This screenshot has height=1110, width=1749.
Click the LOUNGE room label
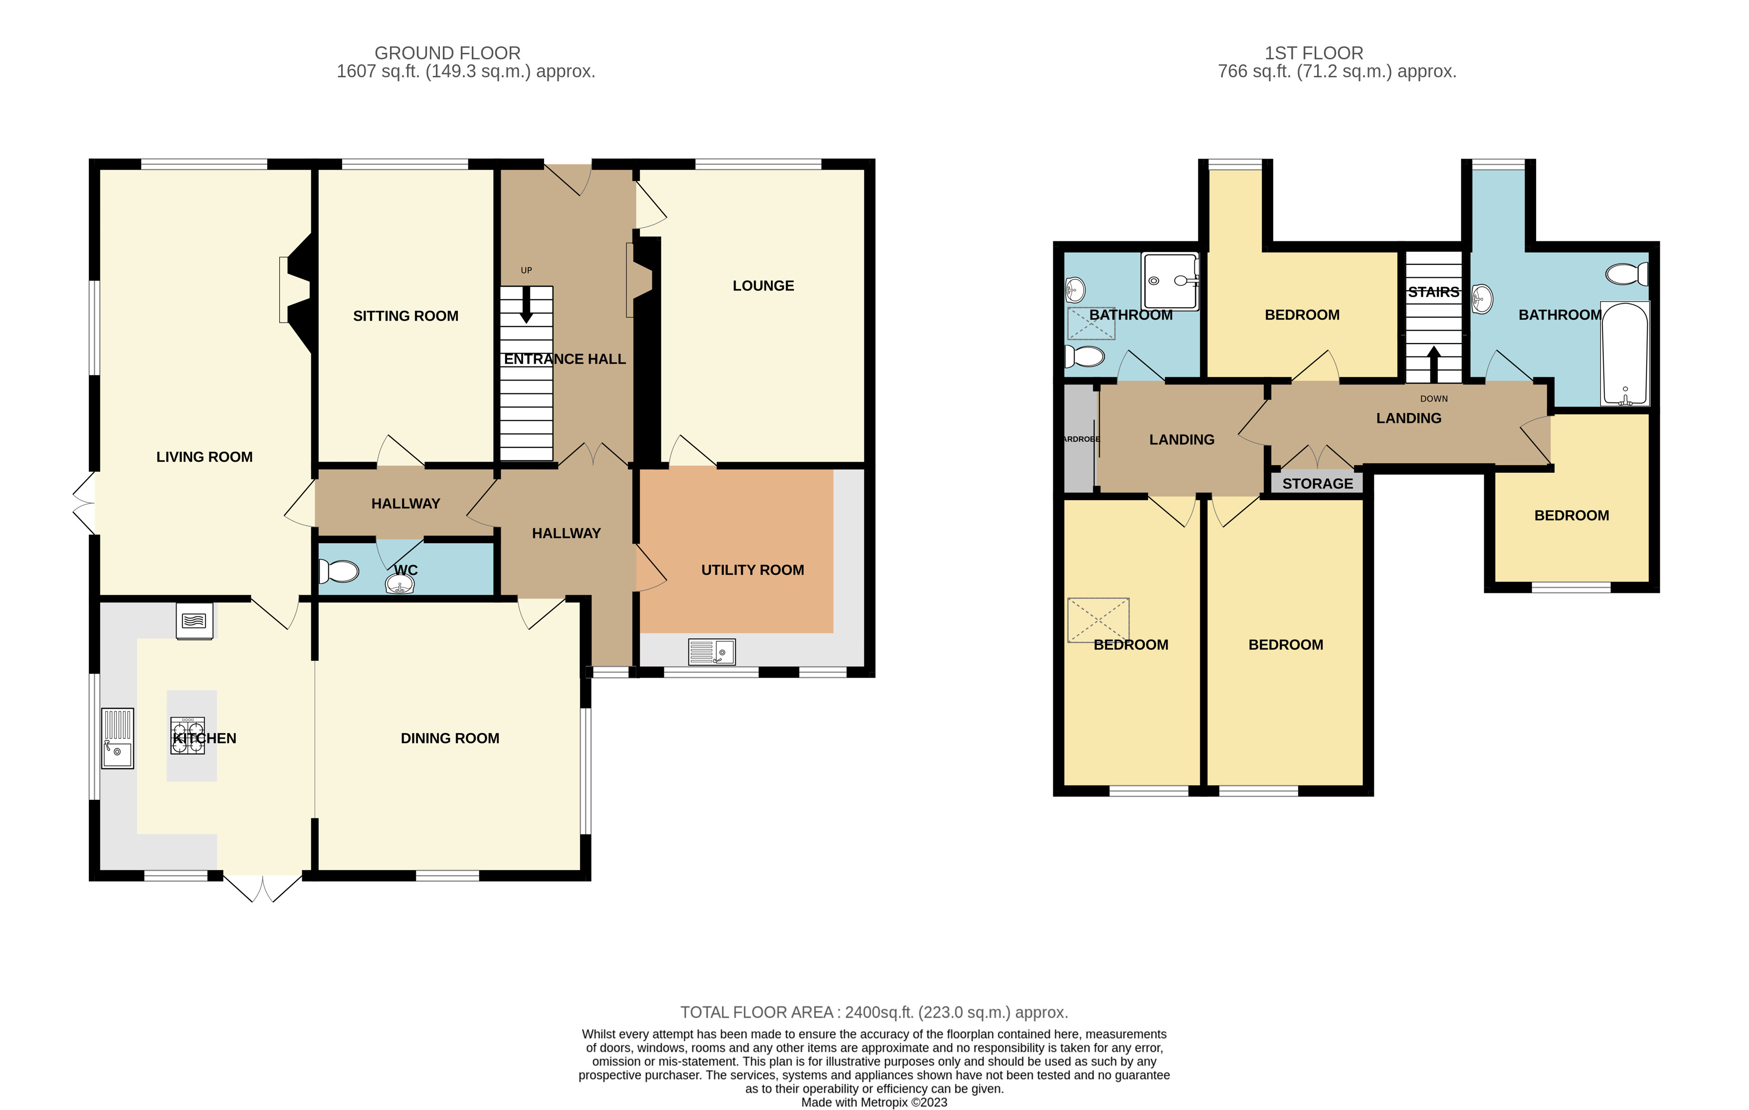click(763, 286)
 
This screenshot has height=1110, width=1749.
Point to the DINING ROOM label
click(450, 738)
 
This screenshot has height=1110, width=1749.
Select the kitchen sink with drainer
click(117, 738)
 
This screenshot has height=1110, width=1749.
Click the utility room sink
click(712, 652)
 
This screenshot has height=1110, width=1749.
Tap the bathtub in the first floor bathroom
click(1625, 354)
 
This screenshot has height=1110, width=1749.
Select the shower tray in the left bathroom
click(1169, 281)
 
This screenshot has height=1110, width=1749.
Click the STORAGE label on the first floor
click(1318, 484)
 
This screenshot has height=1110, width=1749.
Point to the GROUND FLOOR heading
click(447, 53)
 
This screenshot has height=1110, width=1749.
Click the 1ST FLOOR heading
click(1314, 53)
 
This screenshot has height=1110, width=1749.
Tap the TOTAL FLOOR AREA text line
click(874, 1012)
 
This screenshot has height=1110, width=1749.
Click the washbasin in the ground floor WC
click(400, 583)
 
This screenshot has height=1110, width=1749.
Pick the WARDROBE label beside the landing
click(1082, 439)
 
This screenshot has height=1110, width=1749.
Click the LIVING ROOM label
click(204, 457)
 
